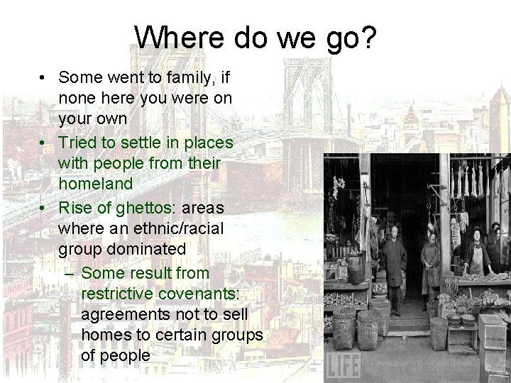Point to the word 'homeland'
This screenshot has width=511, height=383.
(96, 183)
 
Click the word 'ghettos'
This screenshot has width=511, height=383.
(143, 208)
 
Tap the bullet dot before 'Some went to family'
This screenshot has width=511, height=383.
(44, 77)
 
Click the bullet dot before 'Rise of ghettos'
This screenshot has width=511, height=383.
(44, 209)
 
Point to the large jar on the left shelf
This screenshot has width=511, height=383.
(356, 267)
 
